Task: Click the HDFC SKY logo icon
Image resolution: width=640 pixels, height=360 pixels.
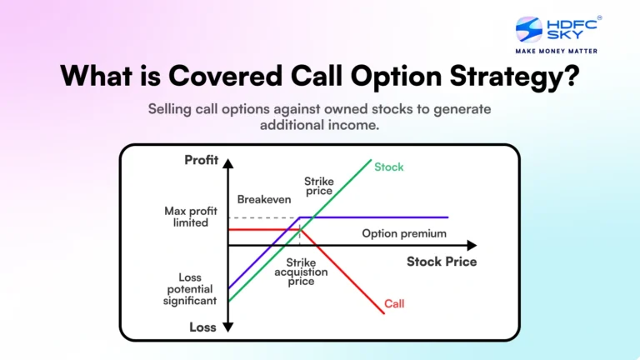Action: [x=529, y=30]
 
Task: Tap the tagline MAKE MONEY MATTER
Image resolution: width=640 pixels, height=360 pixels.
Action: [x=556, y=51]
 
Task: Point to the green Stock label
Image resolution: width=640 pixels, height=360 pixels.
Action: [x=388, y=167]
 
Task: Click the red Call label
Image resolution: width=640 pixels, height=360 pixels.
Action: [x=394, y=303]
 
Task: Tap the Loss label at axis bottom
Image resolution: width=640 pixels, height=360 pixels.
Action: [x=202, y=327]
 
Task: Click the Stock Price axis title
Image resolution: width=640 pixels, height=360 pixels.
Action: [x=442, y=262]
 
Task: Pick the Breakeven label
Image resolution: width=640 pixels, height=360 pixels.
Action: [x=263, y=200]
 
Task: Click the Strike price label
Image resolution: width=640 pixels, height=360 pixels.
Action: [x=318, y=186]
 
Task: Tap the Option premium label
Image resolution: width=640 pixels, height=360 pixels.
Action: [x=404, y=233]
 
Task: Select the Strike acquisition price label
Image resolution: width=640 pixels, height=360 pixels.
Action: [x=301, y=272]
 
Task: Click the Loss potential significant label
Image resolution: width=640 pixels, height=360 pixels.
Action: [x=190, y=288]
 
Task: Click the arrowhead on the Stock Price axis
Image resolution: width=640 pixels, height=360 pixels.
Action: [x=472, y=246]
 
